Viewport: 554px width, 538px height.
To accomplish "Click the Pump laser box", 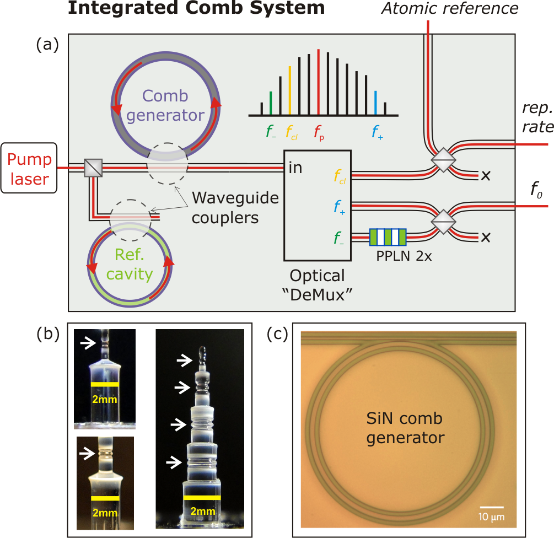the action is click(x=29, y=168).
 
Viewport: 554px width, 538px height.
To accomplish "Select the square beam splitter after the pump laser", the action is click(x=93, y=168).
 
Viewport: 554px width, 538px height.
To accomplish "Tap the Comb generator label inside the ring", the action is click(x=165, y=105).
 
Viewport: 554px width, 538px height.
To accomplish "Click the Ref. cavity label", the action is click(x=130, y=264).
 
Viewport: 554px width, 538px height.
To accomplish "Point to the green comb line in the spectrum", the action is click(x=271, y=103).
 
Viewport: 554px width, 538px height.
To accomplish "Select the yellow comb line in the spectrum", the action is click(x=290, y=90).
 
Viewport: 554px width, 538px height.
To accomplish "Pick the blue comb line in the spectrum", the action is click(x=375, y=103).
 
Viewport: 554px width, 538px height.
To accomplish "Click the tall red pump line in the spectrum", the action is click(x=318, y=82).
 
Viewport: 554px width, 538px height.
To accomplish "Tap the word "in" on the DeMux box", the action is click(x=295, y=168).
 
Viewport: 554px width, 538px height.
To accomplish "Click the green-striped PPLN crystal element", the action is click(x=388, y=237).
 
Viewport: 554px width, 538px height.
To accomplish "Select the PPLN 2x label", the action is click(x=404, y=256).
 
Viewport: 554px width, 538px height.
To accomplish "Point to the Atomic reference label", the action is click(x=450, y=8).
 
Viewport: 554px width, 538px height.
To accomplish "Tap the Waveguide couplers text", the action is click(x=235, y=208).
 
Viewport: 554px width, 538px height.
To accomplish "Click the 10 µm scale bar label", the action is click(x=491, y=517).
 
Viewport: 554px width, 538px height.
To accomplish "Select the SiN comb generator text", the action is click(x=405, y=428).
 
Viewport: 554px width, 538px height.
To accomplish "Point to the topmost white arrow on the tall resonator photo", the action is click(x=185, y=361).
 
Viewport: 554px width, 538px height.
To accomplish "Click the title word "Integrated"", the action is click(x=122, y=8).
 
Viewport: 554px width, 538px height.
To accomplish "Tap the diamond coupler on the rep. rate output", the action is click(x=443, y=160).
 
